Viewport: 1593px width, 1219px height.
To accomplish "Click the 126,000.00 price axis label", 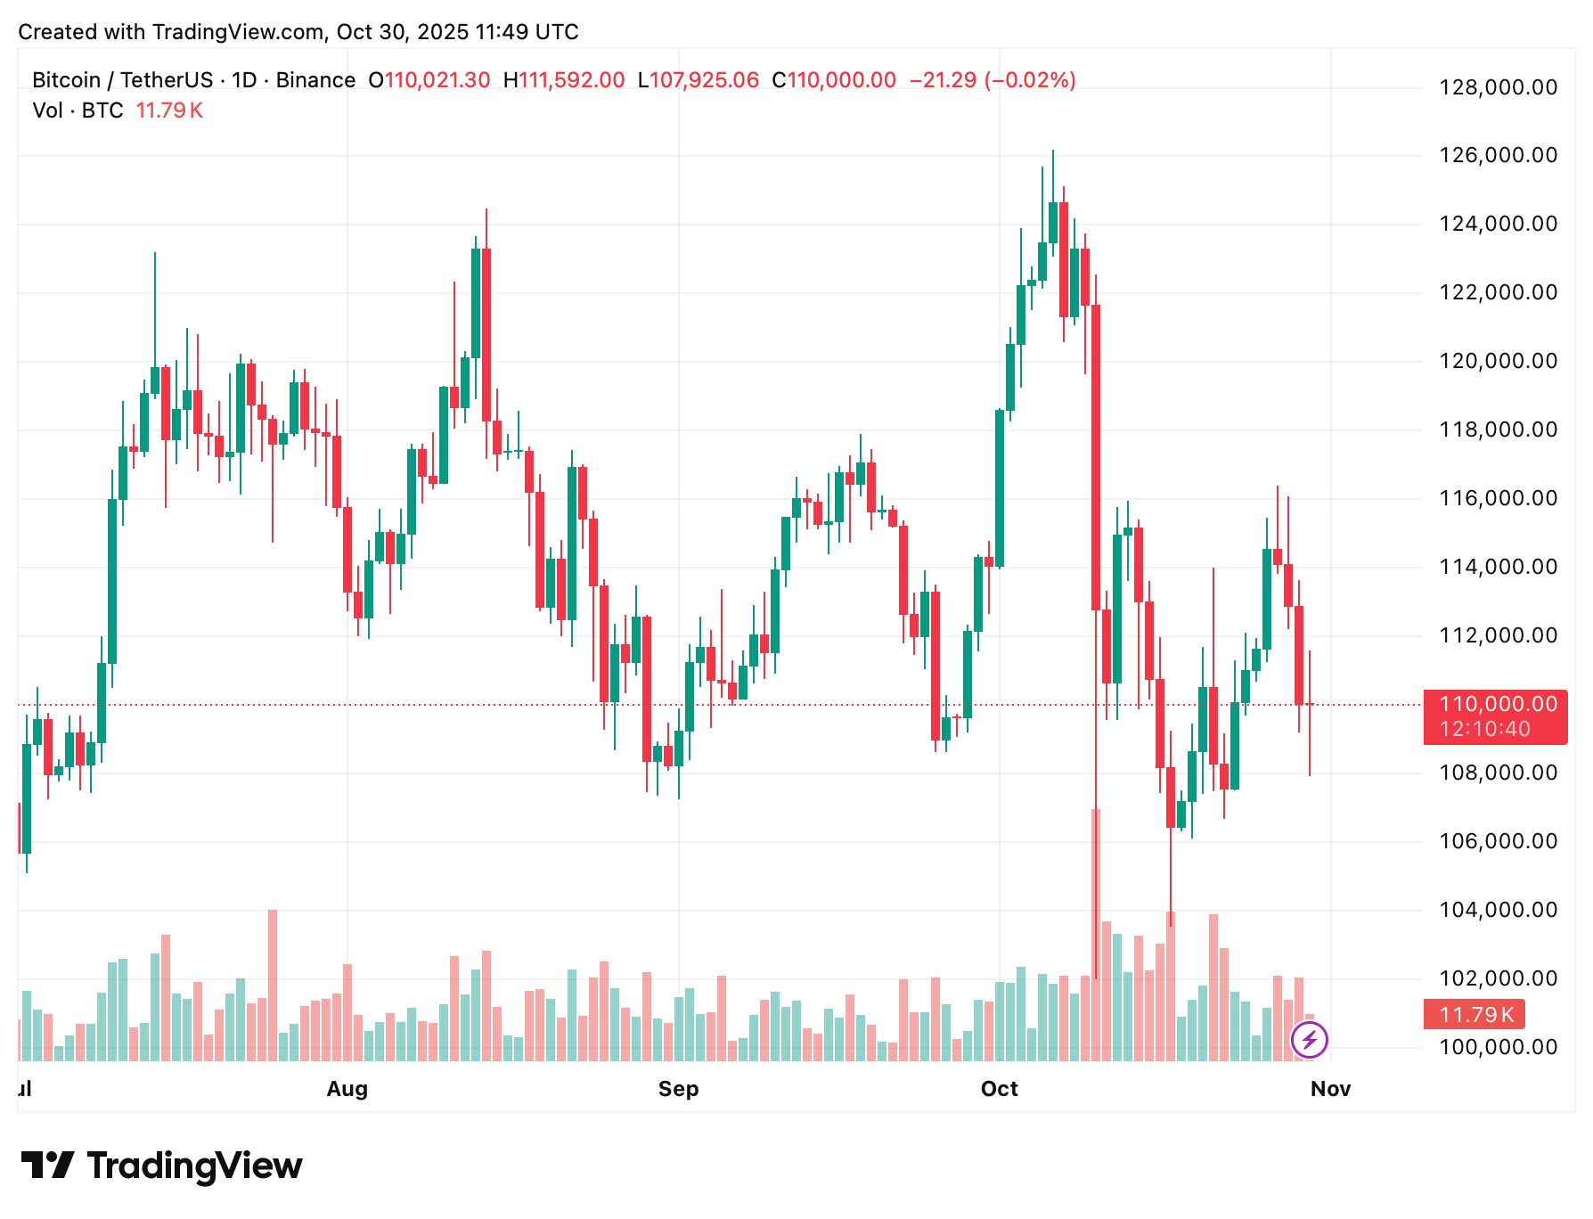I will click(1498, 155).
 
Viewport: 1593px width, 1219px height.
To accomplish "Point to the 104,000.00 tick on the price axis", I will click(1498, 910).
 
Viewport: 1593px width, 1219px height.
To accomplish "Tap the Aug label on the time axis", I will click(347, 1089).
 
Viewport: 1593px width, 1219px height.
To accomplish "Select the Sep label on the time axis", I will click(678, 1089).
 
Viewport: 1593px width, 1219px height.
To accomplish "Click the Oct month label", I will click(999, 1089).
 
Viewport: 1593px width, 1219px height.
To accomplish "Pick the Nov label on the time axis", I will click(1330, 1089).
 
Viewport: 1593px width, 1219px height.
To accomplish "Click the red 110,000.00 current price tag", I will click(1498, 704).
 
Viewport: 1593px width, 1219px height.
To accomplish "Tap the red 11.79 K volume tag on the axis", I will click(1475, 1014).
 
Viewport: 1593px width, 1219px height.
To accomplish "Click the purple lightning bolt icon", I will click(1310, 1039).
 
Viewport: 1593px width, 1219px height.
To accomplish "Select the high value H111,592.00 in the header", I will click(564, 80).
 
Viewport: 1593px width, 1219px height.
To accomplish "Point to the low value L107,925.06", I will click(698, 80).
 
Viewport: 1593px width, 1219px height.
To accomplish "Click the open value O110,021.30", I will click(429, 80).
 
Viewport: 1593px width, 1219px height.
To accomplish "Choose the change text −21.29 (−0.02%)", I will click(993, 80).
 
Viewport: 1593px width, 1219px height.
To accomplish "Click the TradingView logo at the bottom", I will click(161, 1166).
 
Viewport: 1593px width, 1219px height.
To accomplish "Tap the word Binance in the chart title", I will click(315, 80).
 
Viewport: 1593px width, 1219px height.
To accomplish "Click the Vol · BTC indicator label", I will click(78, 110).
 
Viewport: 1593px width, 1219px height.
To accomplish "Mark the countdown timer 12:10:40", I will click(1484, 729).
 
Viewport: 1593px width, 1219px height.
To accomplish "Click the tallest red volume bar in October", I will click(1096, 936).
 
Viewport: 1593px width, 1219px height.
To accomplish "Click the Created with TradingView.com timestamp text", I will click(298, 32).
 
